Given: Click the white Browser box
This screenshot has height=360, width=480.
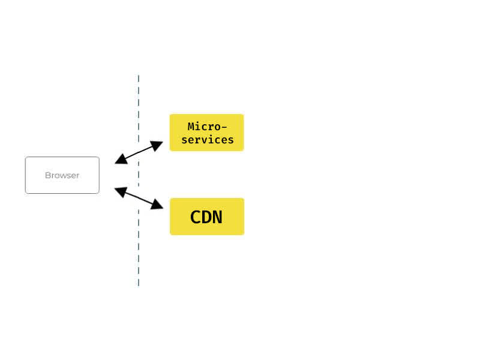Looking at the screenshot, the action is click(62, 175).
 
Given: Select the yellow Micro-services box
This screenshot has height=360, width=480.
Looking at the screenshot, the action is click(206, 133).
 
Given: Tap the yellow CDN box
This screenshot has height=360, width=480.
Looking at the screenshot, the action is click(207, 217).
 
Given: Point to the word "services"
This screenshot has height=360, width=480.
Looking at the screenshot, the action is click(208, 140).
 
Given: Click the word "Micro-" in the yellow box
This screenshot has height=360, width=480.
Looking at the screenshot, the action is click(207, 127).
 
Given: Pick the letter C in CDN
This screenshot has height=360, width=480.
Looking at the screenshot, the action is click(196, 217).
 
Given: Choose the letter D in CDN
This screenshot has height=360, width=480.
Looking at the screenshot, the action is click(206, 217).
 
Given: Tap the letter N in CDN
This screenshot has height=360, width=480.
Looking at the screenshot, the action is click(217, 217).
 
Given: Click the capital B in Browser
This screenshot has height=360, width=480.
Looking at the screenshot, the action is click(47, 175).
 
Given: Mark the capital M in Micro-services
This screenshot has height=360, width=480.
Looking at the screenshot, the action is click(191, 127).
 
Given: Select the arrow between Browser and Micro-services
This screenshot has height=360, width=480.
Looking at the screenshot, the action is click(139, 152).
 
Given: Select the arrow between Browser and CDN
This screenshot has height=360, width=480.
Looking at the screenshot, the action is click(139, 199).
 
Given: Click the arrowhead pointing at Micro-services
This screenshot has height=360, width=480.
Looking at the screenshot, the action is click(157, 145).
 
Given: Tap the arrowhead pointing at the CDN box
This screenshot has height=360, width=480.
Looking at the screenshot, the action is click(157, 205).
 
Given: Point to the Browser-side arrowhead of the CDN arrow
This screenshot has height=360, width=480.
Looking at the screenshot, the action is click(121, 192).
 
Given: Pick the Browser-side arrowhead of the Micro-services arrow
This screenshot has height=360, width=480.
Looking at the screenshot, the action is click(121, 159).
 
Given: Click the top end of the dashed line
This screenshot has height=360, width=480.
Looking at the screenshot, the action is click(139, 75).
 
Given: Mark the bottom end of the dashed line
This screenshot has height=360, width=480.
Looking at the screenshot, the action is click(139, 286).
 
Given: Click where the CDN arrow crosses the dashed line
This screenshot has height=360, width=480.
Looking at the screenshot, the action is click(139, 199).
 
